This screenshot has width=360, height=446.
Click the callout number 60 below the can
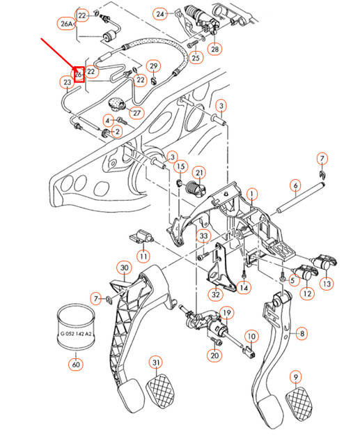75,364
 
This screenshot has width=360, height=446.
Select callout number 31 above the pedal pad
157,362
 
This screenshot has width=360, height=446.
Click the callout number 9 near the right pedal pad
296,378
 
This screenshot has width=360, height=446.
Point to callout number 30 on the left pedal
124,268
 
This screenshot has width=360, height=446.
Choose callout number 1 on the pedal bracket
252,193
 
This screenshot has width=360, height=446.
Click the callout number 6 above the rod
295,185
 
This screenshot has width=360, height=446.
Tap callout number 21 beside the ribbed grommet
199,173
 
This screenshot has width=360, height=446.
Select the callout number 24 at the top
161,14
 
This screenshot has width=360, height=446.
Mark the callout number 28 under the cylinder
214,49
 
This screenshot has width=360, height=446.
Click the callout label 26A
66,24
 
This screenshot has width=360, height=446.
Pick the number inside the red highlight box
79,73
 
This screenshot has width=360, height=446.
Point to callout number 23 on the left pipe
67,83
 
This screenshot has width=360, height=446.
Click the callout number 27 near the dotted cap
136,113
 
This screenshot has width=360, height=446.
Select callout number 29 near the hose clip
154,67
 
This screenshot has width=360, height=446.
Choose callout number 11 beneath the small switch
143,256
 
